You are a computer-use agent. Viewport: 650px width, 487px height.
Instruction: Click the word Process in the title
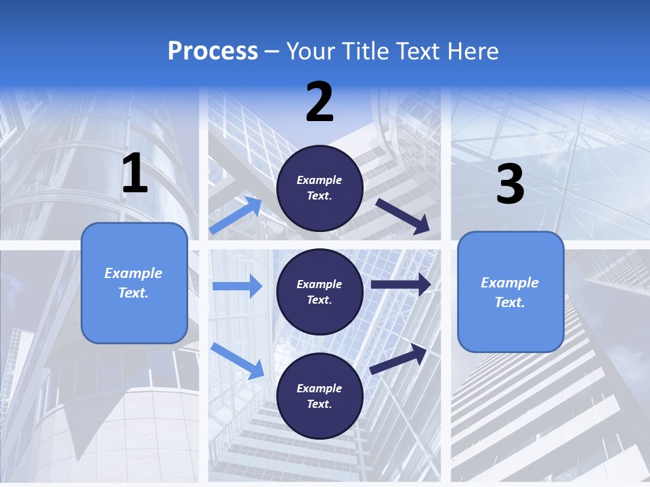(213, 51)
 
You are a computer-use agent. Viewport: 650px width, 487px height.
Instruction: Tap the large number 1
(135, 174)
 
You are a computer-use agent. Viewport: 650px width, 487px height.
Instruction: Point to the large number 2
(320, 102)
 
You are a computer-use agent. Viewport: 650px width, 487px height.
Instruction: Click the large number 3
(510, 184)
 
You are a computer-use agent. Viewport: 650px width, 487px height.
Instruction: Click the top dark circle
(320, 188)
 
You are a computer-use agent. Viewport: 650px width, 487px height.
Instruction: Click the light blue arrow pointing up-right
(236, 215)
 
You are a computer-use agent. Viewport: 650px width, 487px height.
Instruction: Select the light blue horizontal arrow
(237, 286)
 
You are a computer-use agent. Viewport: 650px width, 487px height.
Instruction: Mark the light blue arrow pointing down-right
(238, 361)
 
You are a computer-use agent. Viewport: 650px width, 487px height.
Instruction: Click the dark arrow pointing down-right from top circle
(403, 216)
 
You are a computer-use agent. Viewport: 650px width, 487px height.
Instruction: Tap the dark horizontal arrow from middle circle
(400, 285)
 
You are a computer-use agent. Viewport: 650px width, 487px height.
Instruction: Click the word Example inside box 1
(133, 273)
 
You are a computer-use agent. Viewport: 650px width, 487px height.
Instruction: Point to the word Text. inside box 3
(510, 302)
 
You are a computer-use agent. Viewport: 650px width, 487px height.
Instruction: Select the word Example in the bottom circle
(320, 388)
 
